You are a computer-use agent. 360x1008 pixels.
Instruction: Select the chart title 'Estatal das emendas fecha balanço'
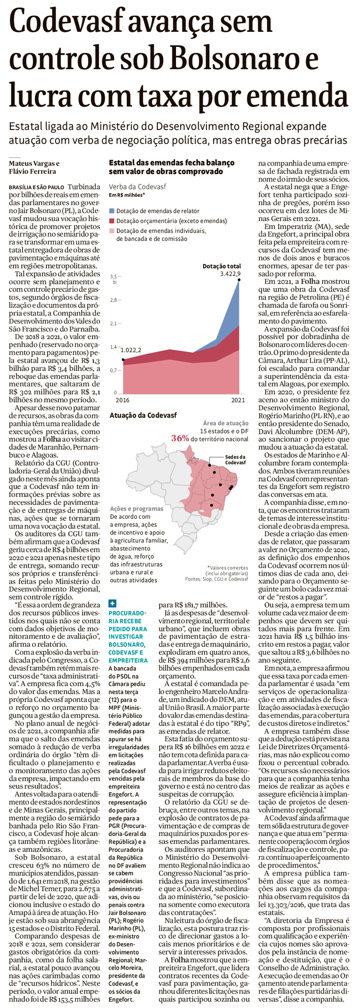tap(171, 162)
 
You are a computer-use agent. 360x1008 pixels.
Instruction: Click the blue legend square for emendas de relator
tap(112, 211)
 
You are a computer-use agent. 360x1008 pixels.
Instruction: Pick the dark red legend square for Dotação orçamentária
tap(112, 221)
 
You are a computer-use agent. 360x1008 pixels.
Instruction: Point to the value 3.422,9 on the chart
tap(230, 274)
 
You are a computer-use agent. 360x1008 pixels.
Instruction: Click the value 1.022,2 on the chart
tap(131, 350)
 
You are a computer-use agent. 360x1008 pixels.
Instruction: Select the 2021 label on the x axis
tap(238, 400)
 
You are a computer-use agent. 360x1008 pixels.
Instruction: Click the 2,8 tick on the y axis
tap(113, 300)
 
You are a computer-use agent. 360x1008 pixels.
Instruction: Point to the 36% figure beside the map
tap(180, 439)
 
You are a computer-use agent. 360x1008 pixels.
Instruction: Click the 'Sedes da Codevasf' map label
tap(235, 460)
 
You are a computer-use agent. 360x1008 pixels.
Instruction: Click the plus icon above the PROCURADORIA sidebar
tap(112, 603)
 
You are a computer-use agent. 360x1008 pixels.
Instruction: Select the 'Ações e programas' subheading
tap(137, 508)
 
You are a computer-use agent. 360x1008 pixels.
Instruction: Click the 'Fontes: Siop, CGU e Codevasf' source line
tap(216, 579)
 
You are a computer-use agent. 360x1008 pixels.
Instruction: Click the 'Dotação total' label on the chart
tap(222, 266)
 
